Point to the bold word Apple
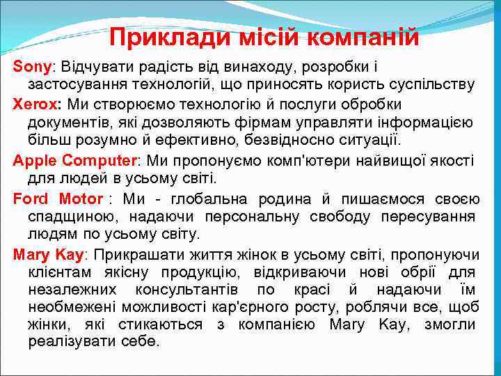click(x=34, y=160)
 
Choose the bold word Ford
click(x=31, y=198)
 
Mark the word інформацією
click(x=427, y=123)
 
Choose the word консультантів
click(x=189, y=290)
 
